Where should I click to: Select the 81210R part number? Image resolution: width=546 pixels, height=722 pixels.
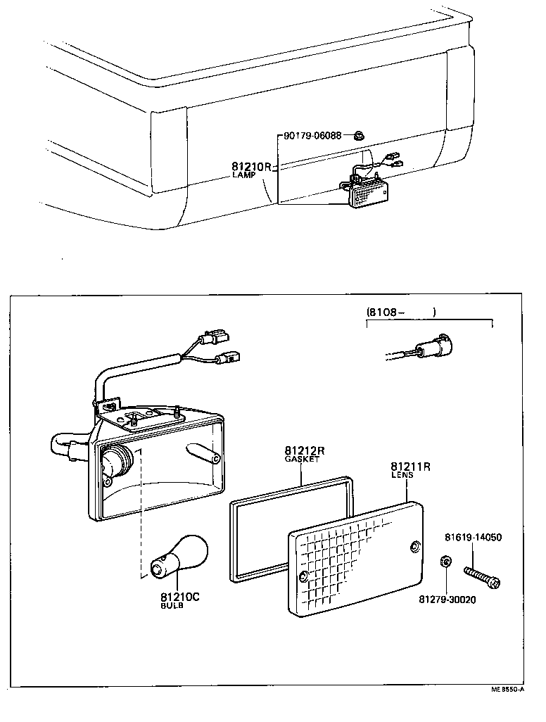pyautogui.click(x=251, y=167)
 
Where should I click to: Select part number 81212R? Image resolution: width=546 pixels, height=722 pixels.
pyautogui.click(x=304, y=450)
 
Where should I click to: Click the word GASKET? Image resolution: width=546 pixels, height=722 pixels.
pyautogui.click(x=302, y=459)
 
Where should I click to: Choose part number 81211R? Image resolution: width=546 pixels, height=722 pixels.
pyautogui.click(x=411, y=467)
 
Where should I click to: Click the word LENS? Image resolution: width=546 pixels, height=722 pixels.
pyautogui.click(x=402, y=475)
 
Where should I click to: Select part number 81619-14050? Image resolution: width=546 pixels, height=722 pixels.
pyautogui.click(x=473, y=538)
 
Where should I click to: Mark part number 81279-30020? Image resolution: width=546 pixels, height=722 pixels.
pyautogui.click(x=447, y=600)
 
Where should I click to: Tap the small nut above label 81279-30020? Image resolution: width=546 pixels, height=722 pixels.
pyautogui.click(x=445, y=561)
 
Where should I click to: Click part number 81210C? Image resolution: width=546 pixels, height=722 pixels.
pyautogui.click(x=180, y=597)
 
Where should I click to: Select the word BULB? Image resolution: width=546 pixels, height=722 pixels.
pyautogui.click(x=172, y=605)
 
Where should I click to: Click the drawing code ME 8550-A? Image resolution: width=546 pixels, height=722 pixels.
pyautogui.click(x=507, y=690)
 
